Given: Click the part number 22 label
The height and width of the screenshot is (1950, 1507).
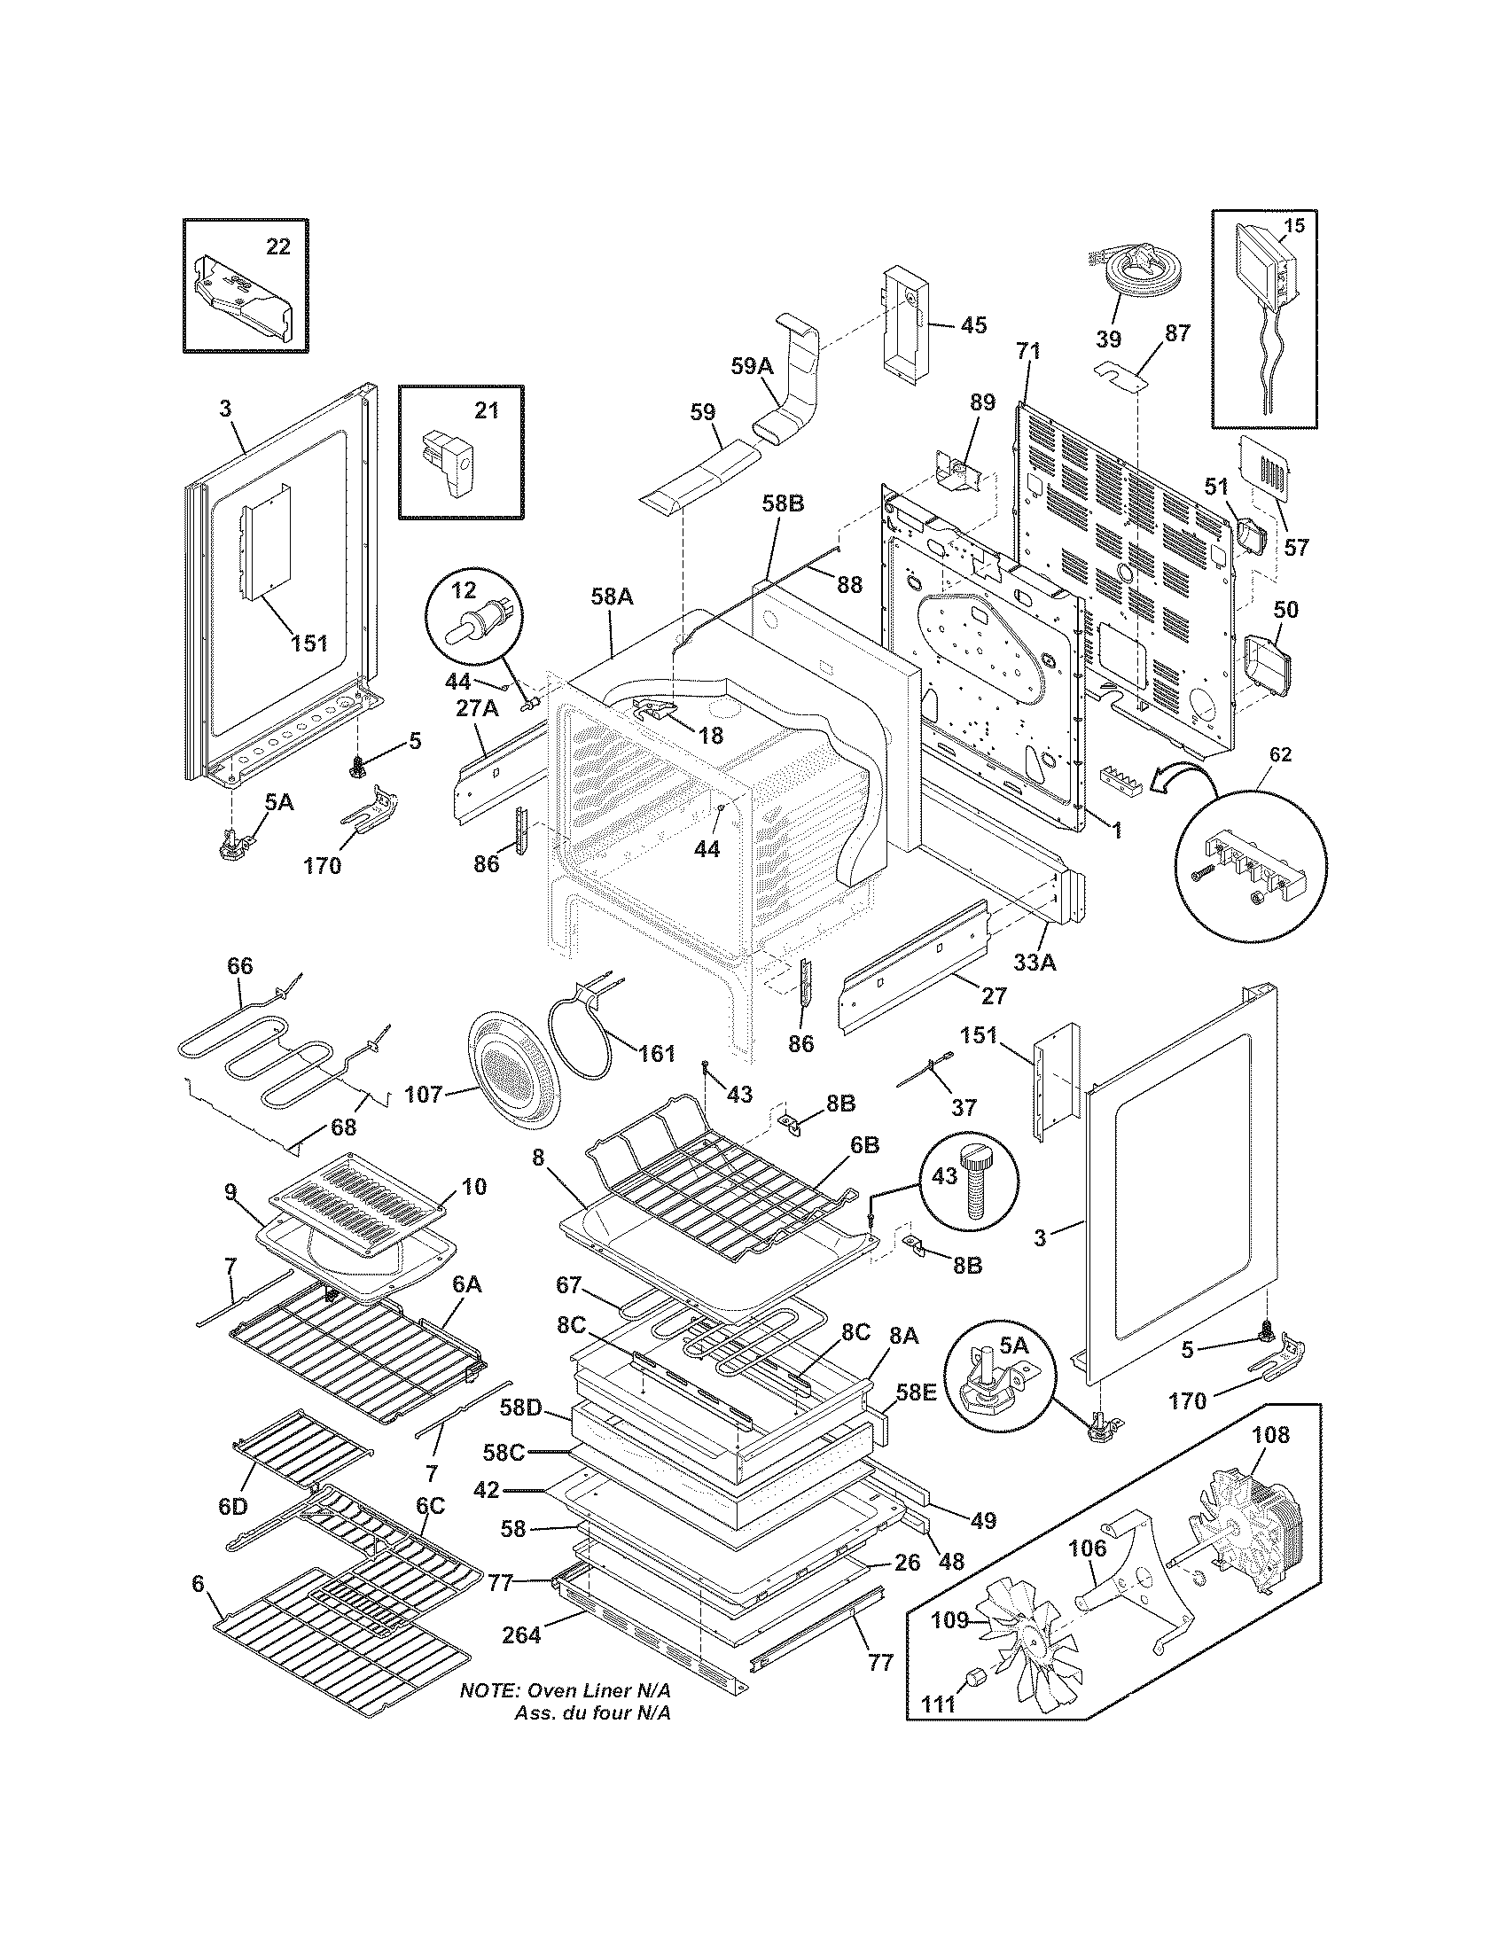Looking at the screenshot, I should [278, 247].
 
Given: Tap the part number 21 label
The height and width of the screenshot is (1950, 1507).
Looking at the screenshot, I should [486, 410].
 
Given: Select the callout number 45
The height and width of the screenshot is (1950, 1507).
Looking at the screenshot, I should [973, 325].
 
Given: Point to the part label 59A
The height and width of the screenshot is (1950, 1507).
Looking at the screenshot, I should [752, 365].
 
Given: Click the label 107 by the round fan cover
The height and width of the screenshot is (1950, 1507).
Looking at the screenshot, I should [424, 1093].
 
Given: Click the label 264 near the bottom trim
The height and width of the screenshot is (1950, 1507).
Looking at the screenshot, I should [521, 1634].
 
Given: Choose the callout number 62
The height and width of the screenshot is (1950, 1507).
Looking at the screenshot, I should [1279, 754].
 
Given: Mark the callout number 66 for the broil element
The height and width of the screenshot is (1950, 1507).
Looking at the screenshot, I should [240, 966].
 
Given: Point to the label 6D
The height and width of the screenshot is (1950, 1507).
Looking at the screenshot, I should [232, 1506].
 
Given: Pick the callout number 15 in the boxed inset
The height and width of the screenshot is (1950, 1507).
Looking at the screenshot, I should [1292, 226].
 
